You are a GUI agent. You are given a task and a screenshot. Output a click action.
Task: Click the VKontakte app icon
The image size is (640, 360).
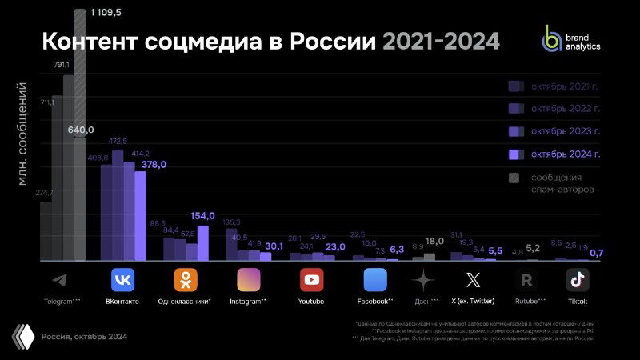pos(123,280)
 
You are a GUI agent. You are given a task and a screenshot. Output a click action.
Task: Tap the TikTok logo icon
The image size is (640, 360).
pos(578,280)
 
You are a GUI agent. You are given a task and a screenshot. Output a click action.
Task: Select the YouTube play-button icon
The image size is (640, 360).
pos(312,280)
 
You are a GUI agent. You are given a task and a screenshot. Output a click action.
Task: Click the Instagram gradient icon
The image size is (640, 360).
pos(249,280)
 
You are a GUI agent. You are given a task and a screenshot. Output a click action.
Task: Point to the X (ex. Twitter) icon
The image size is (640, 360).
pos(473,280)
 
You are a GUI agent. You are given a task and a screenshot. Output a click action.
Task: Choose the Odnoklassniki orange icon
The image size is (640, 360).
pos(186,280)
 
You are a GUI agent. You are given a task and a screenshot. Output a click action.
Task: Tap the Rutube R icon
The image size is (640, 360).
pos(526,280)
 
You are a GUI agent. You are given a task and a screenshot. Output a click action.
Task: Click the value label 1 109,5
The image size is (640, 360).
pos(106,13)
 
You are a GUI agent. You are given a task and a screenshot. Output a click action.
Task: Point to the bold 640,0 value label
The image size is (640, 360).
pos(81,130)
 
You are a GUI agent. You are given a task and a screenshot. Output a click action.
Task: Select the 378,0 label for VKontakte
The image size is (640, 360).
pos(154,165)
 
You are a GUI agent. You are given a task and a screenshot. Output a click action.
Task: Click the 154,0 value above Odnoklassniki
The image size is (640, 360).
pos(204,217)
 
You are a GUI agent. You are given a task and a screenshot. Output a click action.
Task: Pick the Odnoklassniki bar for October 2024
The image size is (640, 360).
pos(202,242)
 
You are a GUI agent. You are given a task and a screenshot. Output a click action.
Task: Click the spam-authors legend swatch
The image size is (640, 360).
pos(515,177)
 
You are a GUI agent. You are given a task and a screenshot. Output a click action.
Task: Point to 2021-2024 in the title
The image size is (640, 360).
pos(441,41)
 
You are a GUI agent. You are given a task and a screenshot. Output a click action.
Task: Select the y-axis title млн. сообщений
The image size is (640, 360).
pos(22,133)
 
